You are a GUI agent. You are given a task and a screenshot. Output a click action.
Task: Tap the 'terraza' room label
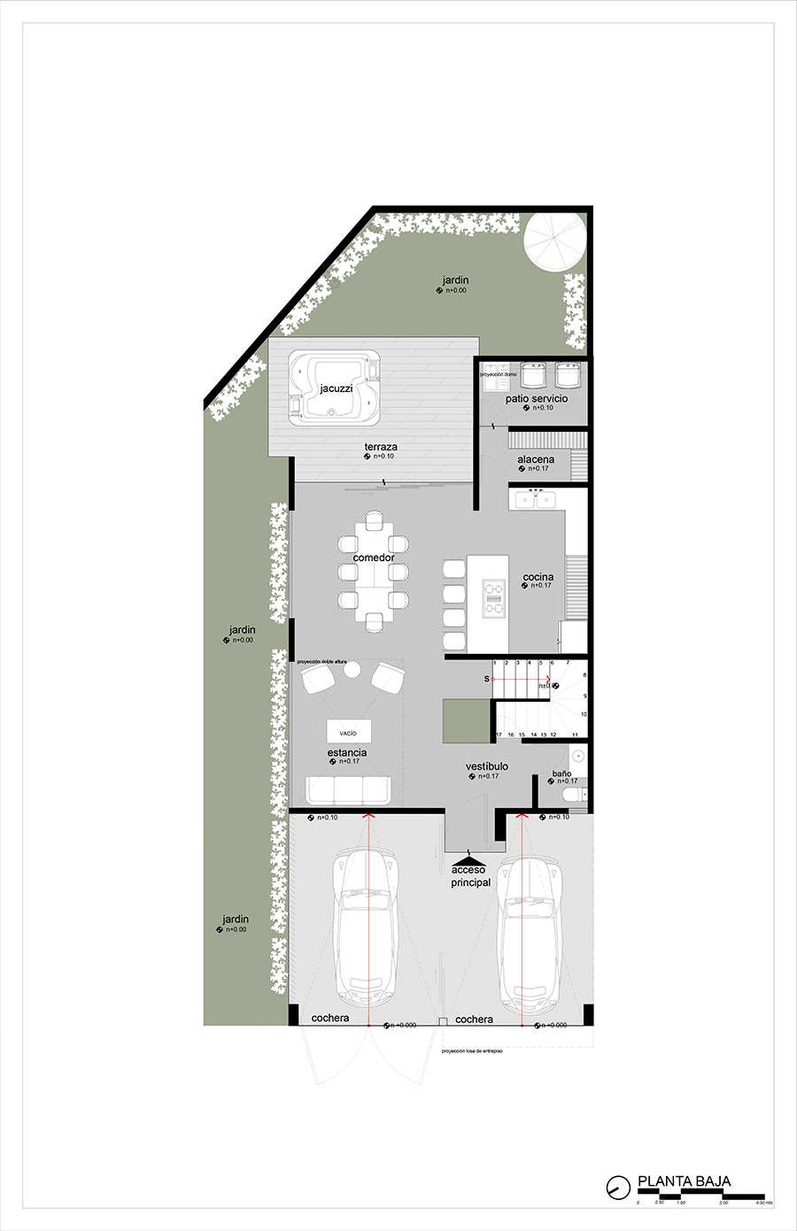click(381, 447)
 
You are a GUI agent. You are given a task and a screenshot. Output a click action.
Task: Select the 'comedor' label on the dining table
click(374, 558)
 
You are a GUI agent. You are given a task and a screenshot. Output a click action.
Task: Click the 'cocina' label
click(538, 577)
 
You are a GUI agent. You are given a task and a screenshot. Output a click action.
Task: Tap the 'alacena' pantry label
click(536, 459)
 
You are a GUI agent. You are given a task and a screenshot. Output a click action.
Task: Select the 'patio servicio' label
click(537, 399)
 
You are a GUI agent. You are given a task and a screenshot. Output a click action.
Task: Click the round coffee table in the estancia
click(352, 672)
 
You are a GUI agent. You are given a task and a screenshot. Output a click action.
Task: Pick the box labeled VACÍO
click(348, 732)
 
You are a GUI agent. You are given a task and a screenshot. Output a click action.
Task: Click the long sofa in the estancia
click(348, 789)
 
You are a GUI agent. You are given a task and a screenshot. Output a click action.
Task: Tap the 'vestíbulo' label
click(487, 766)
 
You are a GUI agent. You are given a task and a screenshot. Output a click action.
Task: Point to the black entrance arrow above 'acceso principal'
click(468, 858)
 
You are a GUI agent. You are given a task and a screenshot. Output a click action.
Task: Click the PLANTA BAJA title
click(684, 1181)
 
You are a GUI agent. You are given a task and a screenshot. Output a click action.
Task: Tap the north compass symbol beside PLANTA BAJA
click(616, 1187)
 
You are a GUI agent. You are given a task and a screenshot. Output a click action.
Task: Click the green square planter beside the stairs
click(467, 720)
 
